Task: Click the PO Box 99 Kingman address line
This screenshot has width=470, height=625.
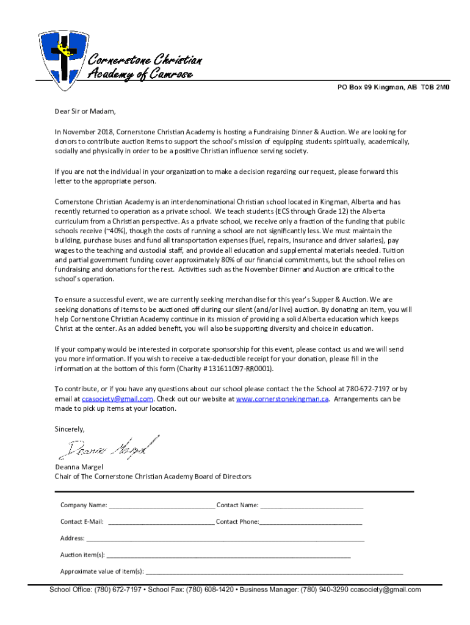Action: click(393, 87)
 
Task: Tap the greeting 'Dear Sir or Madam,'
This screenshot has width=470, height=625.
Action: click(85, 111)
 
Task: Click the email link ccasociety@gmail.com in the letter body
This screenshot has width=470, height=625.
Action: click(117, 399)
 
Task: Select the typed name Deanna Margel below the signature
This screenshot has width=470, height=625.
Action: click(79, 467)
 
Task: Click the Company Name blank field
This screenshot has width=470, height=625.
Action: click(162, 505)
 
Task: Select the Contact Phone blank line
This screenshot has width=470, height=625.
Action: click(311, 522)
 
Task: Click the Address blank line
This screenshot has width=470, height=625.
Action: click(225, 539)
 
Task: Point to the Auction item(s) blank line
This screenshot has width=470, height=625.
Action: click(228, 555)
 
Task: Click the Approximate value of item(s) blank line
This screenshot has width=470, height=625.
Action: click(274, 572)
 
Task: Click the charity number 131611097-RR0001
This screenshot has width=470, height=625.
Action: click(237, 369)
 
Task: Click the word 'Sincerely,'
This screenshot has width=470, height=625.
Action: click(70, 429)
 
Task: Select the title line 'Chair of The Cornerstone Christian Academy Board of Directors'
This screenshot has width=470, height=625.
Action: click(153, 477)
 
